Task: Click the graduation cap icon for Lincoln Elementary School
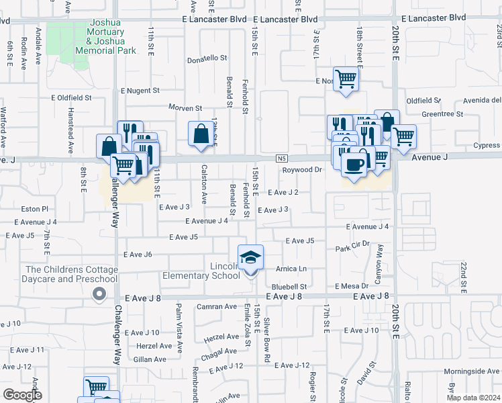coord(250,257)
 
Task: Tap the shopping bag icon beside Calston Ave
coord(201,133)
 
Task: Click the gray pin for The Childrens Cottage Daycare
coord(99,294)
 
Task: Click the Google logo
coord(21,395)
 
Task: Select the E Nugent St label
coord(140,90)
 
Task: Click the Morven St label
coord(185,108)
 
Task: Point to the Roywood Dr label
coord(302,170)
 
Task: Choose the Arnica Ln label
coord(291,269)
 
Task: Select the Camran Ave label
coord(217,306)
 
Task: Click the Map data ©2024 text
coord(473,397)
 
